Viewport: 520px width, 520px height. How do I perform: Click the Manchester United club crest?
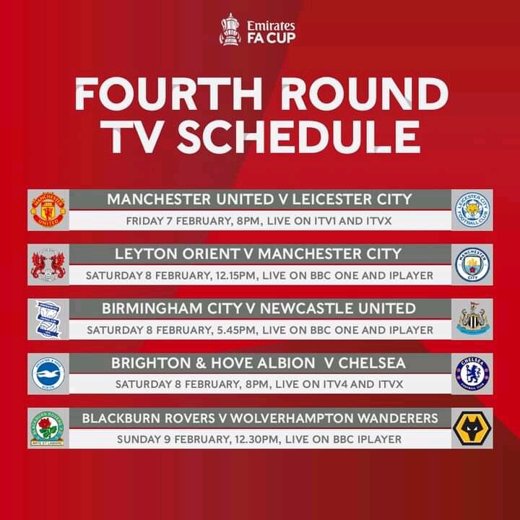coord(48,210)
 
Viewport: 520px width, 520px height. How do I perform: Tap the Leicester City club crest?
coord(472,210)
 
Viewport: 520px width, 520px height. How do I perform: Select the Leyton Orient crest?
coord(48,264)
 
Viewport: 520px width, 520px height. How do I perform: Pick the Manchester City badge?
coord(472,264)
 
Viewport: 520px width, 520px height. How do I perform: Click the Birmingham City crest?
coord(48,319)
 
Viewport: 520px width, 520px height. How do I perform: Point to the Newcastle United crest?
coord(472,318)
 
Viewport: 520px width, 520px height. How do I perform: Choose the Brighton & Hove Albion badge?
coord(48,374)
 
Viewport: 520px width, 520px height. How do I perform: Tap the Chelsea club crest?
coord(472,374)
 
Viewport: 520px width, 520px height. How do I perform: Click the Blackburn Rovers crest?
coord(47,428)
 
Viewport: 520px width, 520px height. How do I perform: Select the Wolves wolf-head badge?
coord(472,428)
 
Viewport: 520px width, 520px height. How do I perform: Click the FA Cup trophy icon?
coord(230,29)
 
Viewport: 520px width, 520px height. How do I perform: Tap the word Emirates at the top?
coord(271,25)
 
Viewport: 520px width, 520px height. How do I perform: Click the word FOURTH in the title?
coord(169,94)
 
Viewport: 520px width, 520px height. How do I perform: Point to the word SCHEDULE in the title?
coord(298,136)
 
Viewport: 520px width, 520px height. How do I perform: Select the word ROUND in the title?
coord(365,94)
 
